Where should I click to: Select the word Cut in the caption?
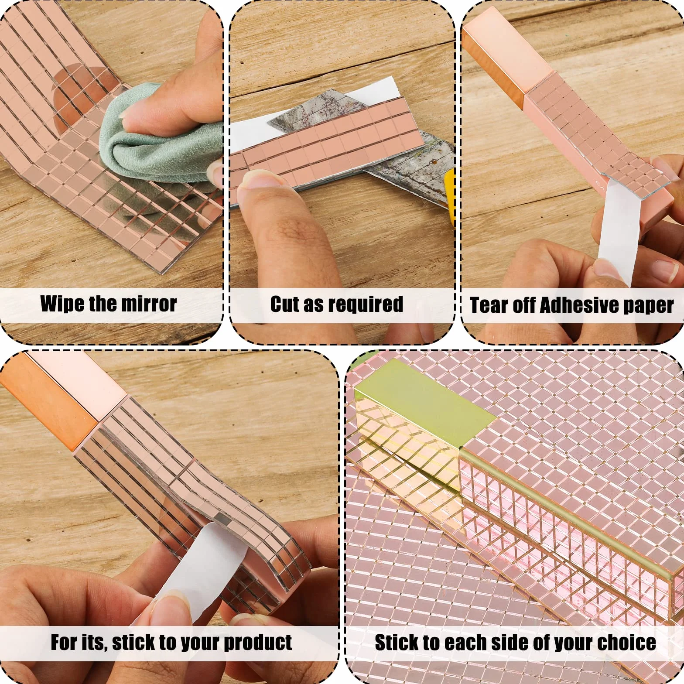coord(285,304)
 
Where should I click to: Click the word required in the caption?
coord(365,304)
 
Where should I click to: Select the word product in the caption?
coord(257,643)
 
